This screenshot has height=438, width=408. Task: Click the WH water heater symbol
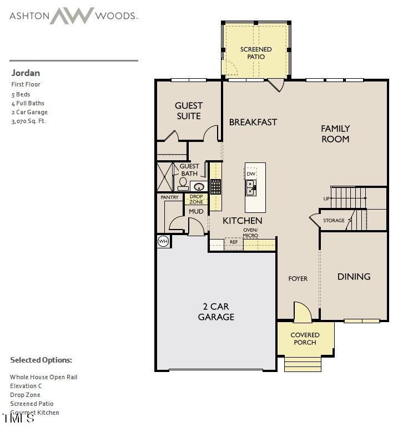point(163,241)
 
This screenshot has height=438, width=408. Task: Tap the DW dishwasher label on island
point(251,174)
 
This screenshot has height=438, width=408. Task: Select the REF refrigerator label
point(234,242)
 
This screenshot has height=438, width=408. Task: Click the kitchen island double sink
point(251,189)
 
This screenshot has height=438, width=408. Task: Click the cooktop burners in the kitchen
point(215,186)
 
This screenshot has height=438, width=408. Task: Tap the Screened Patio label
point(256,53)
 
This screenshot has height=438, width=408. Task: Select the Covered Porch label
point(305,338)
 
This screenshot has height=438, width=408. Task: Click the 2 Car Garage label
point(216,312)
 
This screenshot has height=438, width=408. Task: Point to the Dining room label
point(354,277)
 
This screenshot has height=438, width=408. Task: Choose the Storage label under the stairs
point(334,221)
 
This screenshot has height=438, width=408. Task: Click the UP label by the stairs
point(326,198)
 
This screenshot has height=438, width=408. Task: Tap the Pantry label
point(170,197)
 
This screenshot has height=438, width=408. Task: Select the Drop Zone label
point(196,199)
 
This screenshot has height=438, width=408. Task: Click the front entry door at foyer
point(303,313)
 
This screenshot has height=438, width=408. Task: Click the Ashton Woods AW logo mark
point(73,15)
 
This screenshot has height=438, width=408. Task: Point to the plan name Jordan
point(26,73)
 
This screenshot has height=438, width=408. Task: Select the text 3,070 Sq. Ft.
point(28,121)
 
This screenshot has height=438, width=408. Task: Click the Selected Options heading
point(41,360)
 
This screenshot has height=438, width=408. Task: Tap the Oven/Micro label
point(250,233)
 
